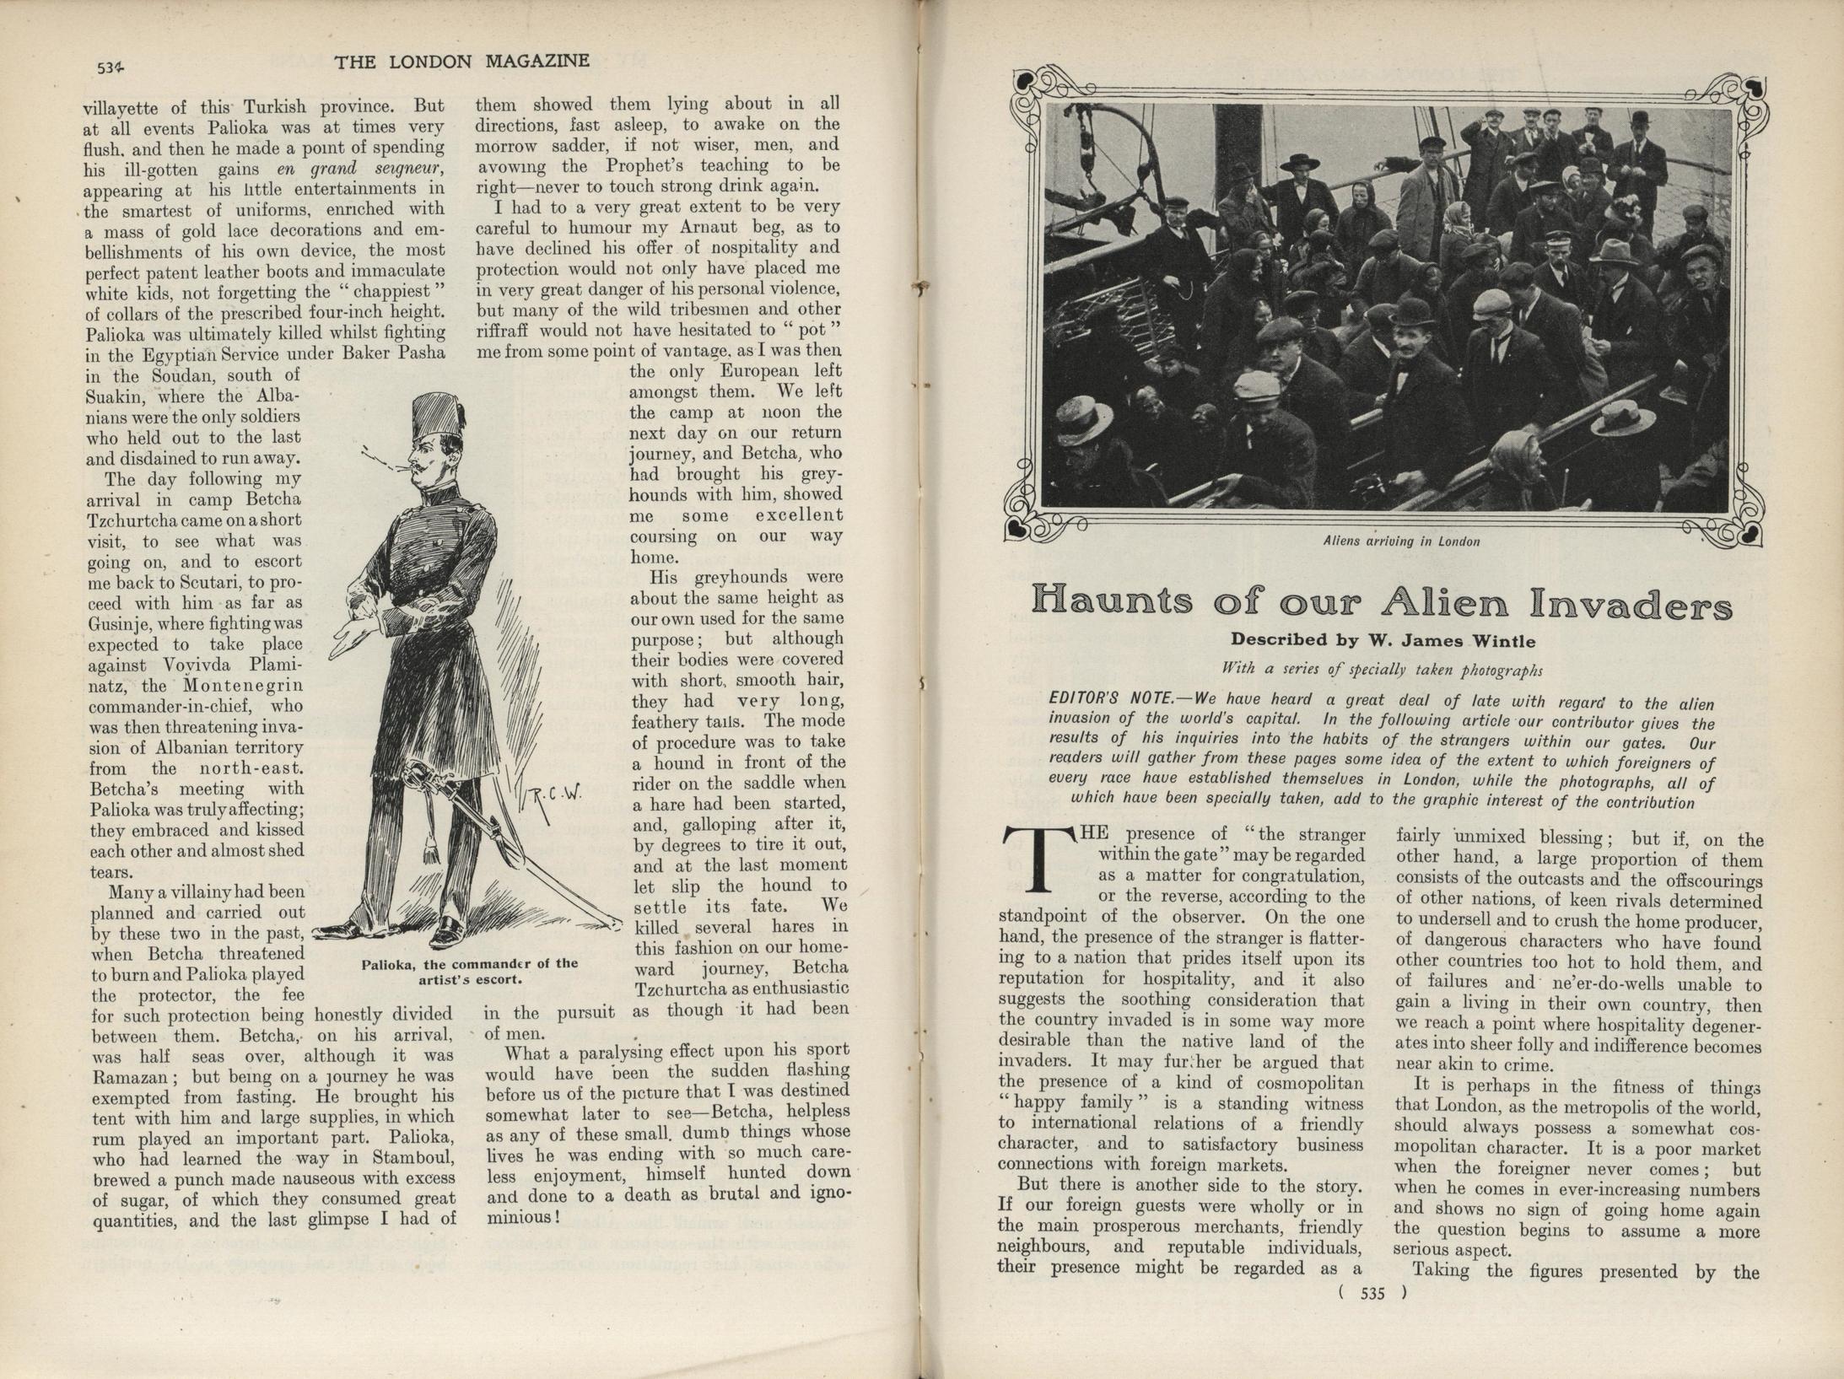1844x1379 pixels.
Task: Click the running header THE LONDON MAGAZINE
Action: pos(461,62)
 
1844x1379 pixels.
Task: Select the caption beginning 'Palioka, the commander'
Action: pos(470,972)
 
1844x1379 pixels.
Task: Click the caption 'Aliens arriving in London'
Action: pos(1401,541)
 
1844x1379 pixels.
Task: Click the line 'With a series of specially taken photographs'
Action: pos(1383,670)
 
